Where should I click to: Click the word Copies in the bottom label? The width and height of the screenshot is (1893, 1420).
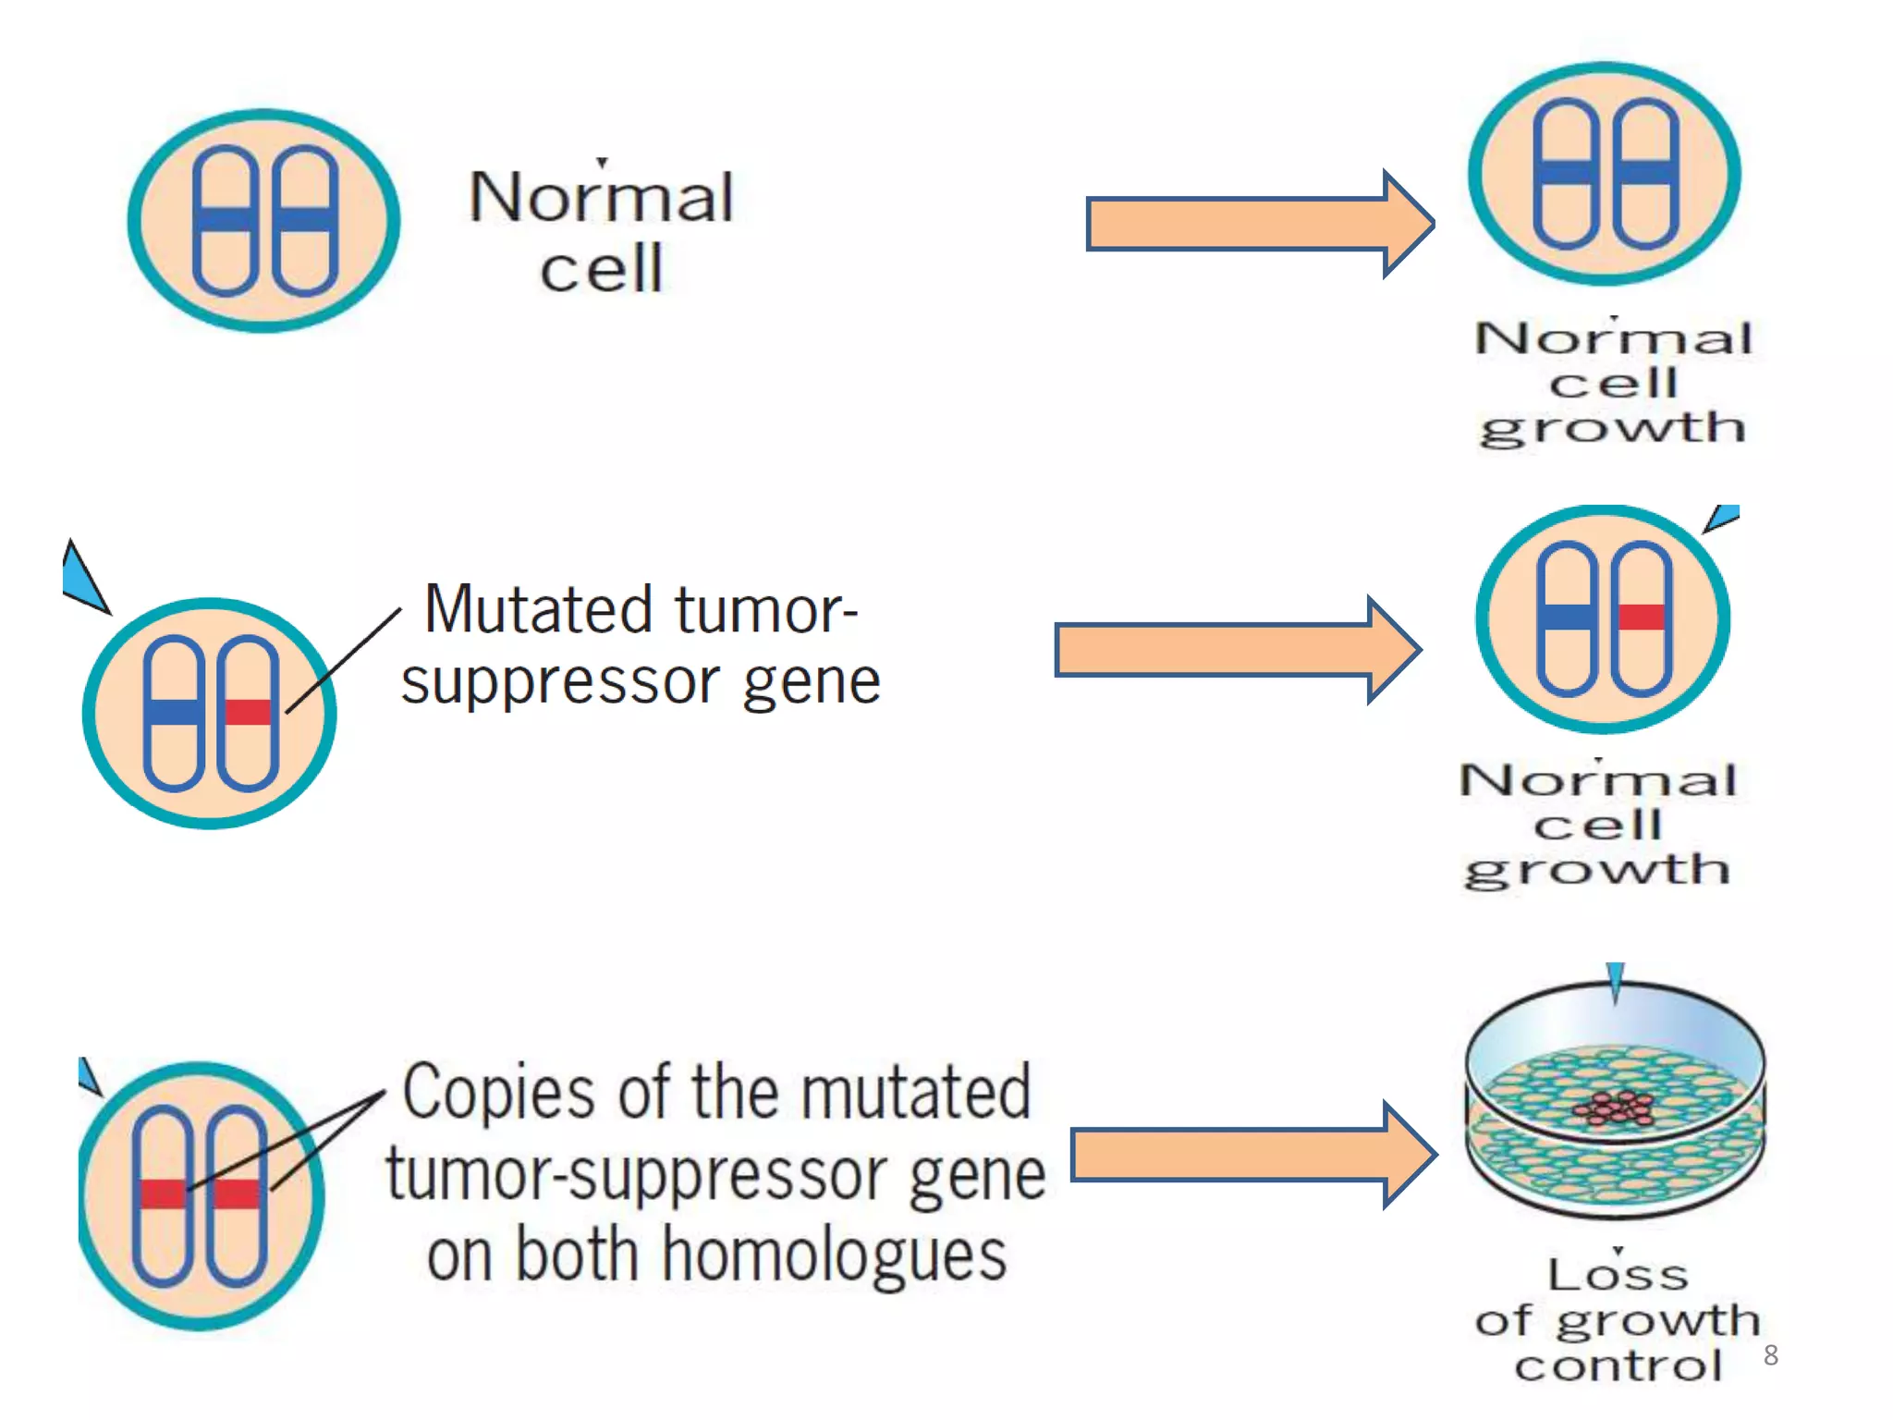pyautogui.click(x=500, y=1093)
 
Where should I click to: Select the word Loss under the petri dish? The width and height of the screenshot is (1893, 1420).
pyautogui.click(x=1618, y=1276)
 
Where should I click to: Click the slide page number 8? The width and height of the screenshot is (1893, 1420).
pyautogui.click(x=1770, y=1355)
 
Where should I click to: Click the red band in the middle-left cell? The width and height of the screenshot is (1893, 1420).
pyautogui.click(x=249, y=712)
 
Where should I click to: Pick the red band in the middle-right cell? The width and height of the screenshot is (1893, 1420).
pyautogui.click(x=1641, y=617)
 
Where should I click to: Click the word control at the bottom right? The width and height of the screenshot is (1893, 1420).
pyautogui.click(x=1618, y=1366)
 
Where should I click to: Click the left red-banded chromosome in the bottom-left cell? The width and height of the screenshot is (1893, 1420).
pyautogui.click(x=163, y=1194)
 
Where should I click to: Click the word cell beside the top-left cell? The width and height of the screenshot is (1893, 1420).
pyautogui.click(x=601, y=269)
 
